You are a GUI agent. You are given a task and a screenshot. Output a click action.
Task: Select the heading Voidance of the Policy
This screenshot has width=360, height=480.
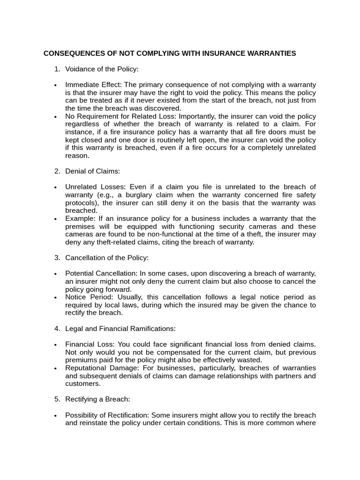[x=102, y=69]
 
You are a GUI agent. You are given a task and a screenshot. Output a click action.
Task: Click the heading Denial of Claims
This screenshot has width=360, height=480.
[x=92, y=172]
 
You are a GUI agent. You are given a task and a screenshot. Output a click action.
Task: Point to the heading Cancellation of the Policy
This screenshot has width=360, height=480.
[x=106, y=258]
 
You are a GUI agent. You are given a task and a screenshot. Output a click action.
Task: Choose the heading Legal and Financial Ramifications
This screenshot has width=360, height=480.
[x=120, y=329]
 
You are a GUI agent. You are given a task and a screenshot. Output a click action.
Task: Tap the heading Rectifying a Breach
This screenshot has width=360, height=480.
[x=97, y=399]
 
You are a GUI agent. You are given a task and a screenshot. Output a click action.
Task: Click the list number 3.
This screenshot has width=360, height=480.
[x=57, y=258]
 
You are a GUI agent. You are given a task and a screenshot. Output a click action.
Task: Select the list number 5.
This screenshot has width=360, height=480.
[x=57, y=399]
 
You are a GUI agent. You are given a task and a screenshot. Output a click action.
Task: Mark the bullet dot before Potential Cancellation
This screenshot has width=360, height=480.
[x=55, y=274]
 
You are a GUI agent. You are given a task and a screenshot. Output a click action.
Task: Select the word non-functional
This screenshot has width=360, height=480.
[x=174, y=234]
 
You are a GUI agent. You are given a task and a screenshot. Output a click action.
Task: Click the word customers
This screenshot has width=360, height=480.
[x=82, y=384]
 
